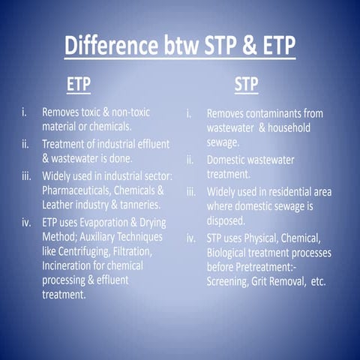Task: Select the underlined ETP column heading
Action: (79, 84)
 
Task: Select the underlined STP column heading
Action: (246, 84)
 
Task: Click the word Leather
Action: (61, 205)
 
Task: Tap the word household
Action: (283, 127)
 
